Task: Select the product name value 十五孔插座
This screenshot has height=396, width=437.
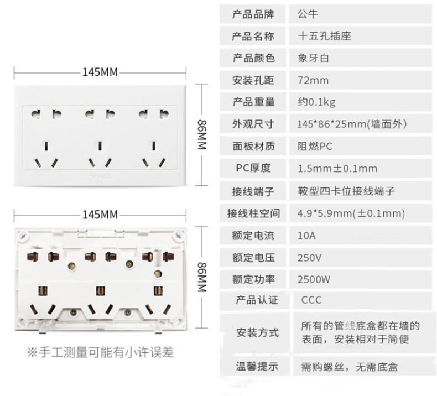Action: (x=324, y=37)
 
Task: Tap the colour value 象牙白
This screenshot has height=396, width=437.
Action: (x=313, y=58)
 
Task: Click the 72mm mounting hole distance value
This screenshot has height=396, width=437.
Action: (x=313, y=81)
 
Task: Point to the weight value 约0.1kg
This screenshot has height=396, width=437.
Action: (x=316, y=102)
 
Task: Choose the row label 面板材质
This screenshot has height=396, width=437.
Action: (x=253, y=147)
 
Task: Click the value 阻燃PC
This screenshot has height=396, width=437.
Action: (x=315, y=147)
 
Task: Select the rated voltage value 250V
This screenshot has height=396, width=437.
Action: (x=309, y=257)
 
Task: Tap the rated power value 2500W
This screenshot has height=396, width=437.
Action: (x=314, y=279)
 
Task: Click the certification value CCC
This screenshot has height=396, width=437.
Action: (x=311, y=301)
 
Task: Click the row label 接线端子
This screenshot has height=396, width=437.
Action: (x=253, y=191)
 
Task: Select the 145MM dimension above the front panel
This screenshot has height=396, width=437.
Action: (x=100, y=72)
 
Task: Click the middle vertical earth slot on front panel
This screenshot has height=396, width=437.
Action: (x=100, y=146)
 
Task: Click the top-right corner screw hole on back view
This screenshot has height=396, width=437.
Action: (x=178, y=235)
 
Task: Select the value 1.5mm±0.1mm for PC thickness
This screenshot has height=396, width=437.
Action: (x=337, y=169)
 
